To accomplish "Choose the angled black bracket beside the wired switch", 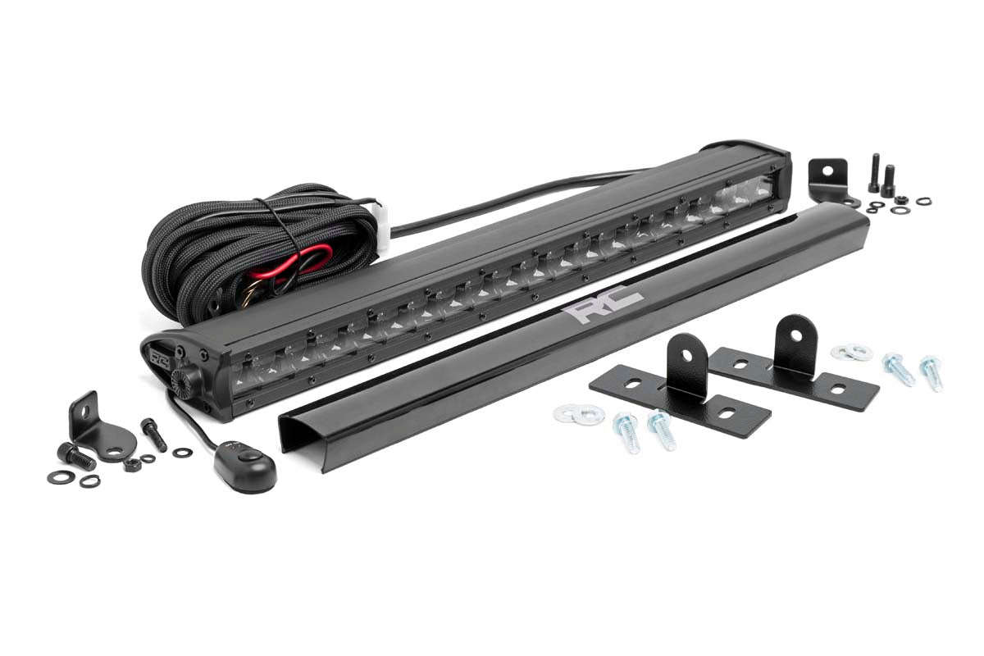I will coord(91,420).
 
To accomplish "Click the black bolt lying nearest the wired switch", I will coord(153,434).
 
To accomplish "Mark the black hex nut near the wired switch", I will coord(130,465).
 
